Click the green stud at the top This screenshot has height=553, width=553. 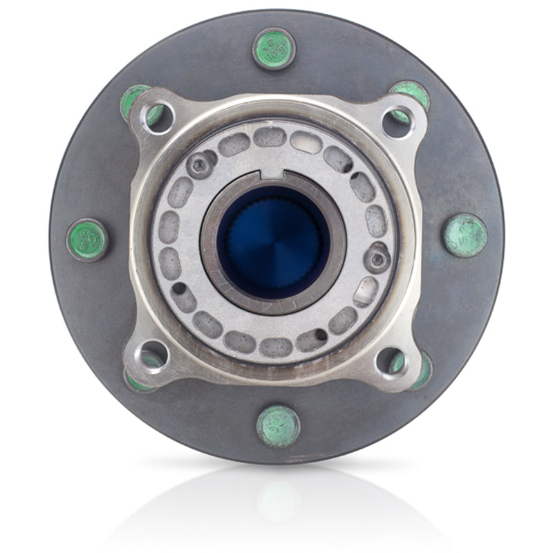(274, 48)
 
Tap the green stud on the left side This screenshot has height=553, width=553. (87, 239)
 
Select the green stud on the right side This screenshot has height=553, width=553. (465, 235)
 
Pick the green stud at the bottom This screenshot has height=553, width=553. (278, 426)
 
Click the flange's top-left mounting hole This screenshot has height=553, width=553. (157, 116)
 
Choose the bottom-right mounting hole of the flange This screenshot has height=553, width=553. (391, 361)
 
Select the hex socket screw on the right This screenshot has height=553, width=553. (377, 259)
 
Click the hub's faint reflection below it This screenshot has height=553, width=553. (276, 498)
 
